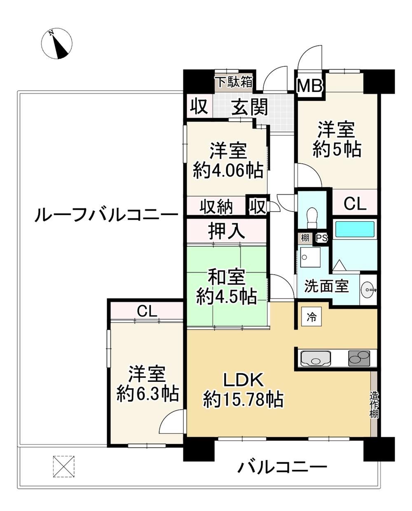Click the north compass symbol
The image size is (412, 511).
coord(56,43)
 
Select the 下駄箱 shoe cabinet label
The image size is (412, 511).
coord(235,82)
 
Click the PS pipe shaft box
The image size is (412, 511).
coord(322,238)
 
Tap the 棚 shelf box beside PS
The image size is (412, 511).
coord(305,238)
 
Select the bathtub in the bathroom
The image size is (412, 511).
coord(355,230)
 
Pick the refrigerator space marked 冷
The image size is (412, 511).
coord(311,317)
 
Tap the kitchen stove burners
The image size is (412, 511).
coord(359,358)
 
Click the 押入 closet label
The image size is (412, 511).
coord(227,231)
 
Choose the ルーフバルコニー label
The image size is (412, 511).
coord(107,215)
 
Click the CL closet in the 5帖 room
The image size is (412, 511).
coord(355,204)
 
